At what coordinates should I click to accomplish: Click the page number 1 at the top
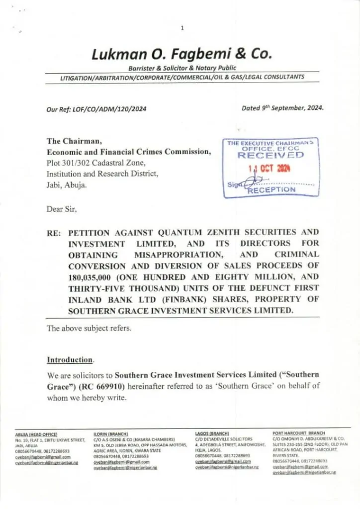(x=182, y=28)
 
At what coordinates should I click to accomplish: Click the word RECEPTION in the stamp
(x=272, y=189)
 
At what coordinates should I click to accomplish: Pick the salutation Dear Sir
(x=62, y=210)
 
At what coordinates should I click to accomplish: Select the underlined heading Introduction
(x=70, y=359)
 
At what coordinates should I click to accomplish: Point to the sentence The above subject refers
(x=90, y=328)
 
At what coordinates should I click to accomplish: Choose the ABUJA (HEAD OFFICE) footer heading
(x=36, y=434)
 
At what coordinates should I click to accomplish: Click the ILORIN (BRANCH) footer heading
(x=111, y=434)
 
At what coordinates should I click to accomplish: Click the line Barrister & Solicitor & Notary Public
(x=182, y=68)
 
